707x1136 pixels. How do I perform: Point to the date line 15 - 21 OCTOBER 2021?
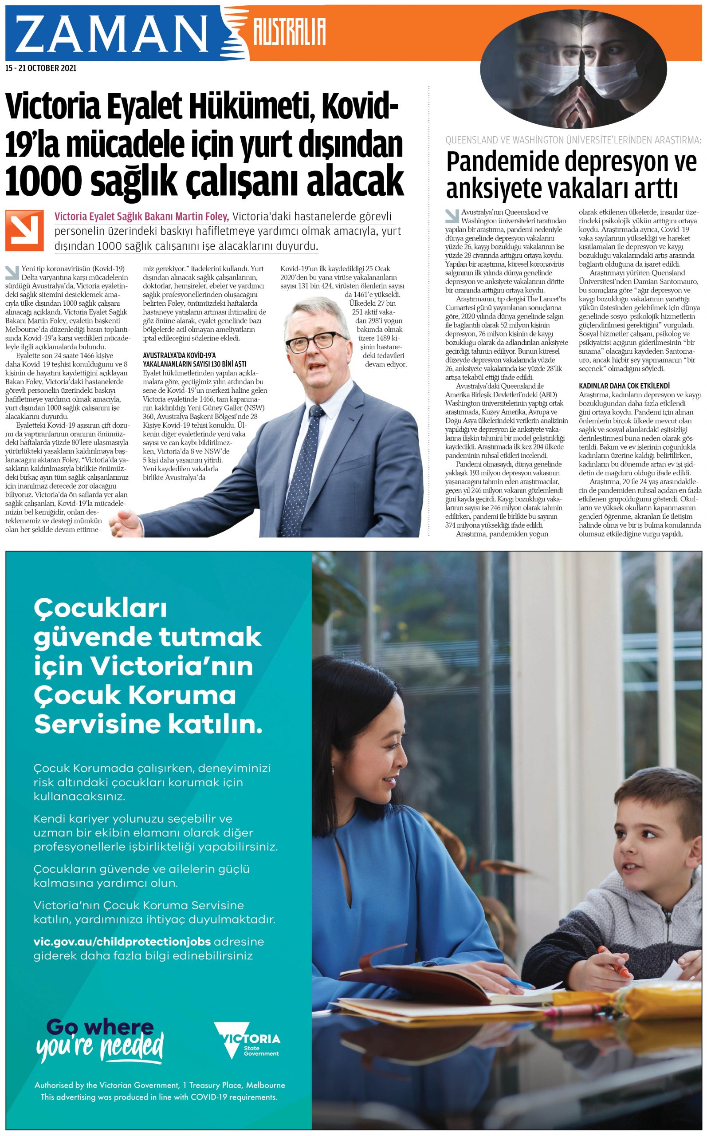(x=41, y=68)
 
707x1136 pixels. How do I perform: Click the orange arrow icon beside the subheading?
(x=24, y=231)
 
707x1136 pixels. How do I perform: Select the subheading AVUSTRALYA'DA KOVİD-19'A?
(x=179, y=355)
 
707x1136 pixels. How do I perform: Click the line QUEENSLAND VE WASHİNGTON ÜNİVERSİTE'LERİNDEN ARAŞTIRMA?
(x=573, y=140)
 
